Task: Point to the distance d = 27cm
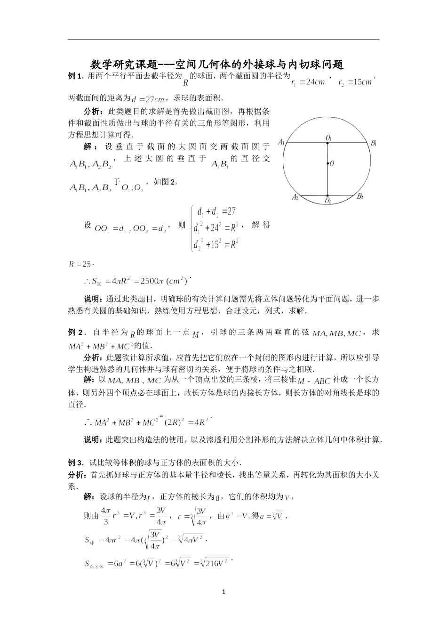148,99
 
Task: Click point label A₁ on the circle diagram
282,142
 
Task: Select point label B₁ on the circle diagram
374,143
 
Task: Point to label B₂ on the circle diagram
359,196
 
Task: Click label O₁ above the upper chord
328,138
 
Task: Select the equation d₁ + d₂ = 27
216,211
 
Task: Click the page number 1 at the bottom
224,592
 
